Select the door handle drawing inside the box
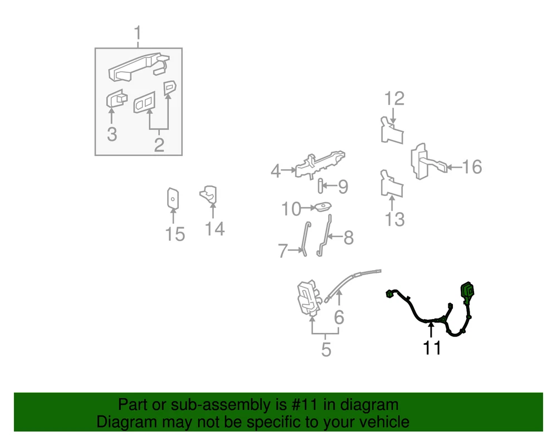139,67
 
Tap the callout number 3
112,134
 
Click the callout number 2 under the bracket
159,145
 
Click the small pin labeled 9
320,186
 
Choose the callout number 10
291,209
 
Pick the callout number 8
349,238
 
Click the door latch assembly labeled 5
309,299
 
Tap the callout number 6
339,317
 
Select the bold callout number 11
432,348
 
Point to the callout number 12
394,99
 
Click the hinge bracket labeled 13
392,184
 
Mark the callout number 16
472,167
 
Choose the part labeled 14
209,194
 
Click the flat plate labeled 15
173,198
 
